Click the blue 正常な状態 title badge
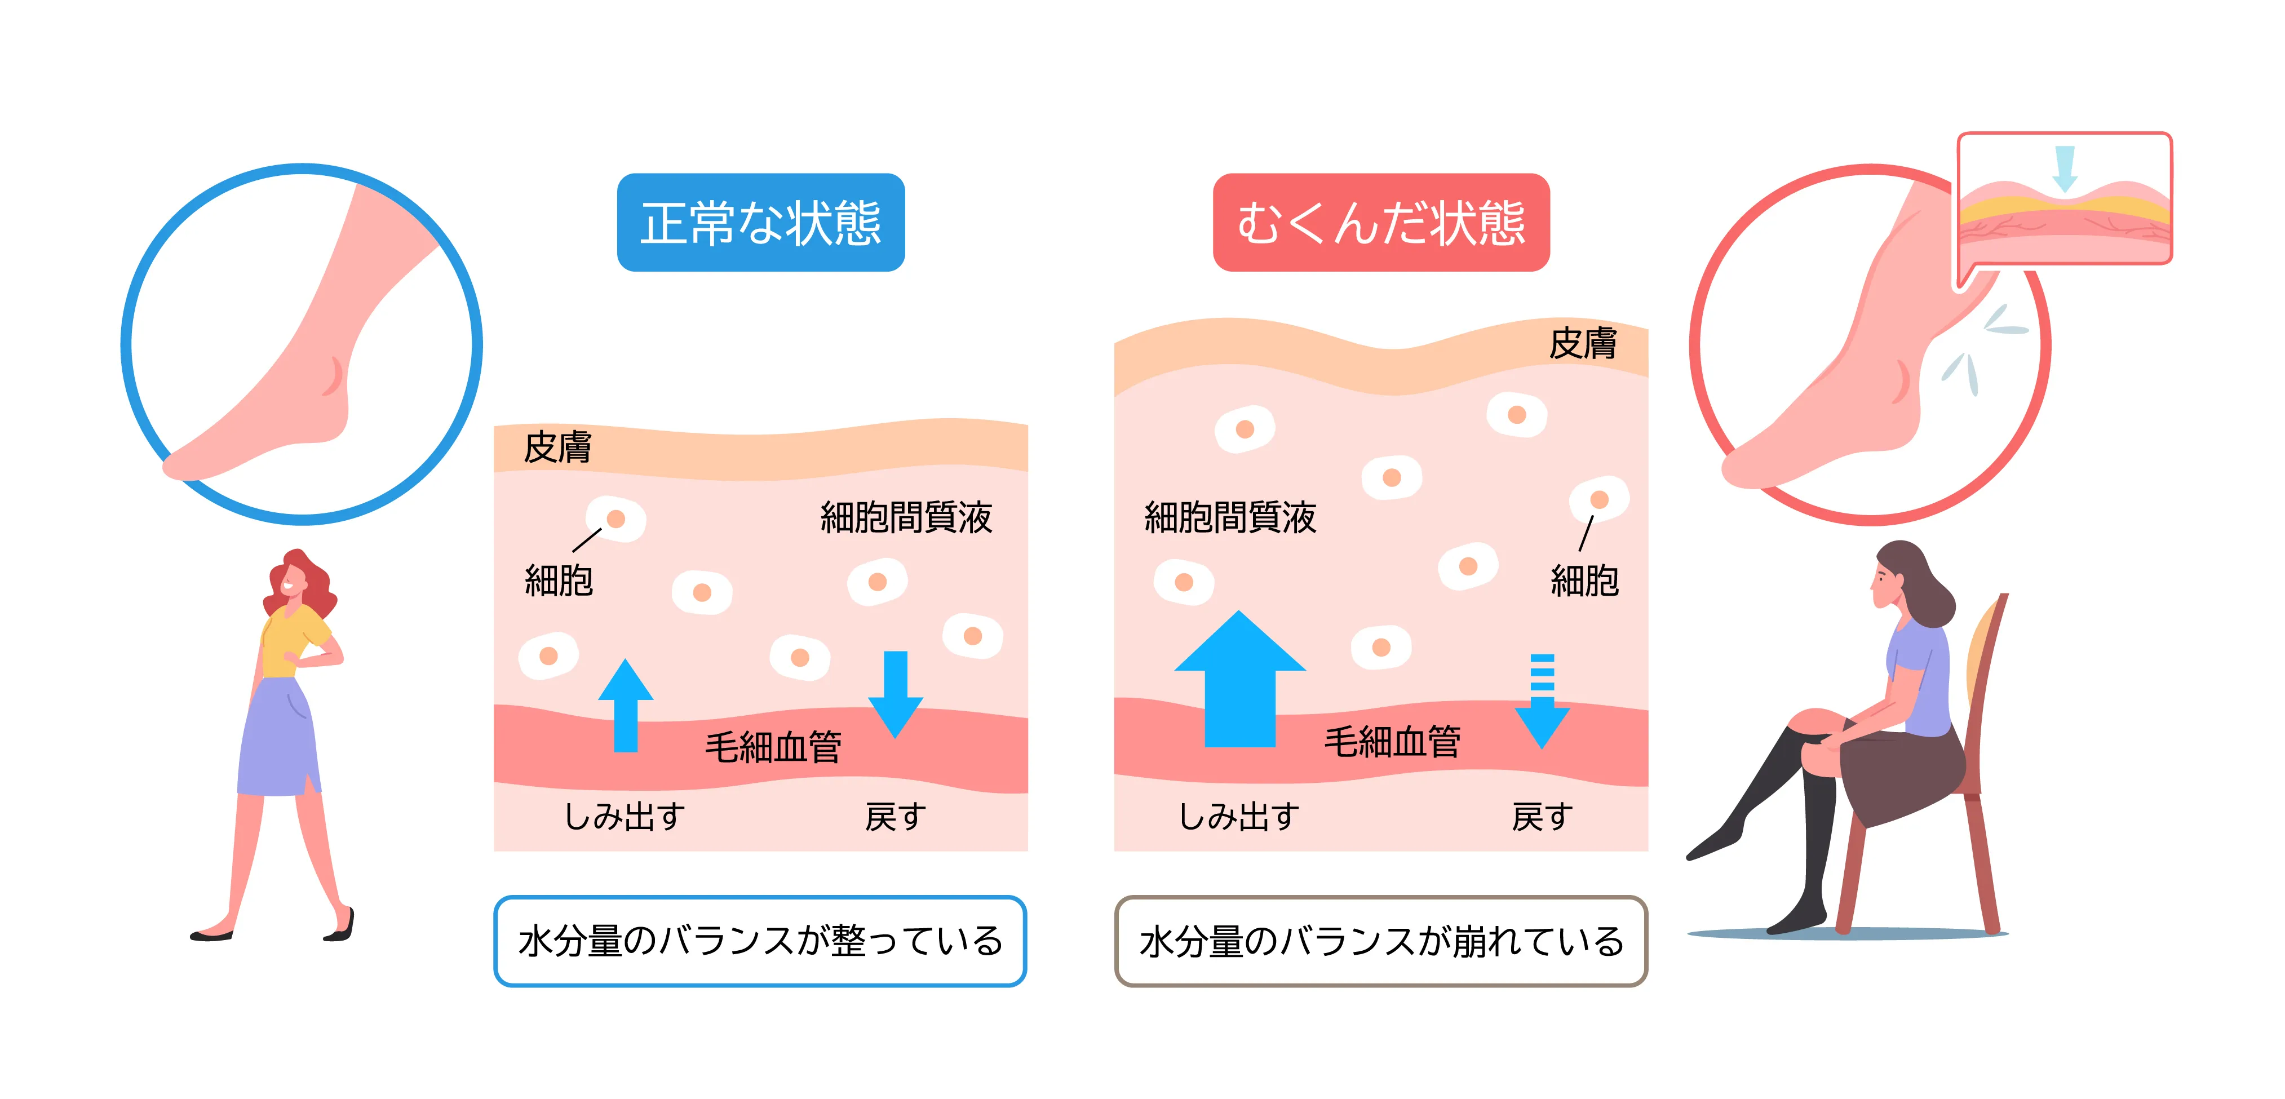[x=760, y=223]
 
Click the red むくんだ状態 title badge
[x=1380, y=223]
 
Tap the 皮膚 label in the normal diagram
[x=557, y=447]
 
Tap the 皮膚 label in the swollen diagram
[x=1583, y=343]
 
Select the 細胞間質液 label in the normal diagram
[x=906, y=517]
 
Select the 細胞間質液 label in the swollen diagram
[x=1230, y=517]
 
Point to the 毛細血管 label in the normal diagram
[x=773, y=747]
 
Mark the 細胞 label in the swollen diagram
[x=1584, y=581]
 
